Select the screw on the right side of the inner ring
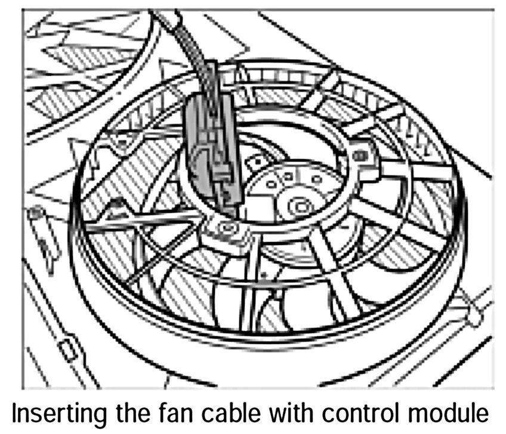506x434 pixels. point(360,156)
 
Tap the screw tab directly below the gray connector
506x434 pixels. point(226,228)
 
